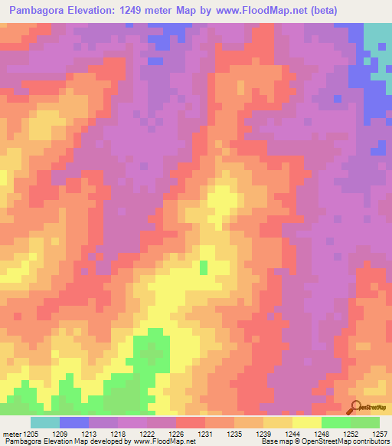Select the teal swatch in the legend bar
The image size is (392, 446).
[45, 422]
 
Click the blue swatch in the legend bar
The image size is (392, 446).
[74, 422]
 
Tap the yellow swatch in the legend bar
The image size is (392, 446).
[307, 422]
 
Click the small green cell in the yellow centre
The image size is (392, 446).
[204, 267]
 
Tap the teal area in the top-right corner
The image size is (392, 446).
[376, 37]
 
